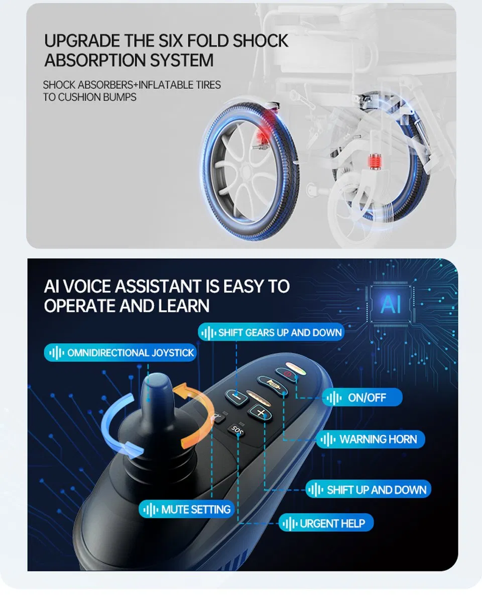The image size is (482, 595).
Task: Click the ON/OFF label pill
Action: pyautogui.click(x=362, y=397)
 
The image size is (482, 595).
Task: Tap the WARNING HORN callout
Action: pyautogui.click(x=371, y=439)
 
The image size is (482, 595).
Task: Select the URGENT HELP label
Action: pyautogui.click(x=326, y=524)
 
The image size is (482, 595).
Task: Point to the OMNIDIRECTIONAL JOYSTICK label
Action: pyautogui.click(x=120, y=352)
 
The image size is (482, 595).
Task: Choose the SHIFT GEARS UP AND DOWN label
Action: pyautogui.click(x=271, y=332)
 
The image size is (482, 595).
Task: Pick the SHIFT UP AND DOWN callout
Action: pyautogui.click(x=369, y=490)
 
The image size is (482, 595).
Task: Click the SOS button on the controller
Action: pyautogui.click(x=237, y=429)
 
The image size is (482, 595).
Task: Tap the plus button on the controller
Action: pyautogui.click(x=261, y=412)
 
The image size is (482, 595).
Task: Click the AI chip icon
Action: pyautogui.click(x=391, y=304)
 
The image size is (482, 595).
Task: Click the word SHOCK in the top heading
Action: pyautogui.click(x=261, y=41)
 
